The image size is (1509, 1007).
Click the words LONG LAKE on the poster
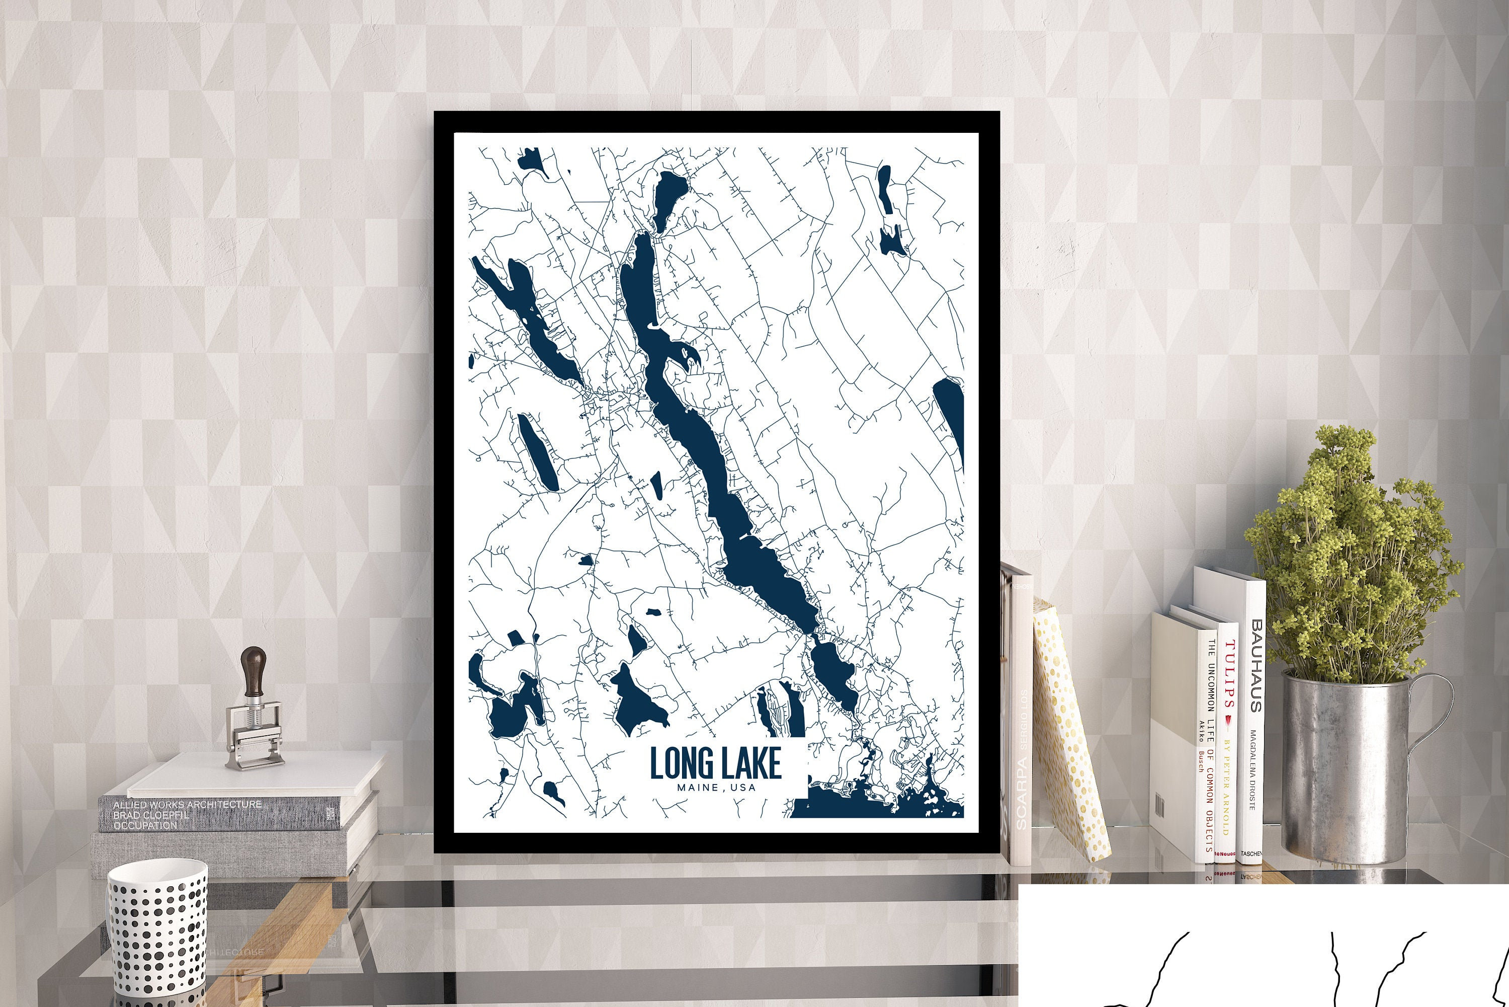coord(715,762)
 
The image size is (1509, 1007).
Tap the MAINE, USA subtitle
coord(715,788)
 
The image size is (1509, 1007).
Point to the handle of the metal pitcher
coord(1438,719)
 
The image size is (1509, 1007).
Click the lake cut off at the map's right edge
coord(950,411)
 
